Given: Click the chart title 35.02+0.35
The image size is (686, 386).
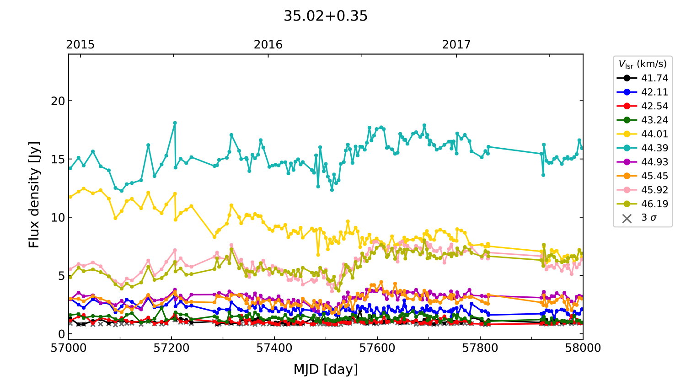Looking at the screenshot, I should pyautogui.click(x=325, y=16).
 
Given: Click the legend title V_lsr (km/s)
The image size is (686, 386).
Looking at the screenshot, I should pyautogui.click(x=643, y=64).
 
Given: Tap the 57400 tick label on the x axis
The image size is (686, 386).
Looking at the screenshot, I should pyautogui.click(x=274, y=348).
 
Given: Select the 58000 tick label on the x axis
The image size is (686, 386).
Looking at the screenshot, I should pyautogui.click(x=583, y=348).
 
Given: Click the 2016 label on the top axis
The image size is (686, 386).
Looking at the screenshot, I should pyautogui.click(x=268, y=44).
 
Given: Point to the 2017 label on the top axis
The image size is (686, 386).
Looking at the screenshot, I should pyautogui.click(x=456, y=44).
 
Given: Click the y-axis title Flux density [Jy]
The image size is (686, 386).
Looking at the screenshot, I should pyautogui.click(x=34, y=194).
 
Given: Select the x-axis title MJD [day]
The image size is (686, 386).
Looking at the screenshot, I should pyautogui.click(x=326, y=369).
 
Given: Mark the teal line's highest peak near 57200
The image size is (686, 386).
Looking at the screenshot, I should pyautogui.click(x=175, y=123).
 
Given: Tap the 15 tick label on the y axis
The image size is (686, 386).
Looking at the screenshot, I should pyautogui.click(x=58, y=159).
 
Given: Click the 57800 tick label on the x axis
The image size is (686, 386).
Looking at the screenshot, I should pyautogui.click(x=480, y=348).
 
